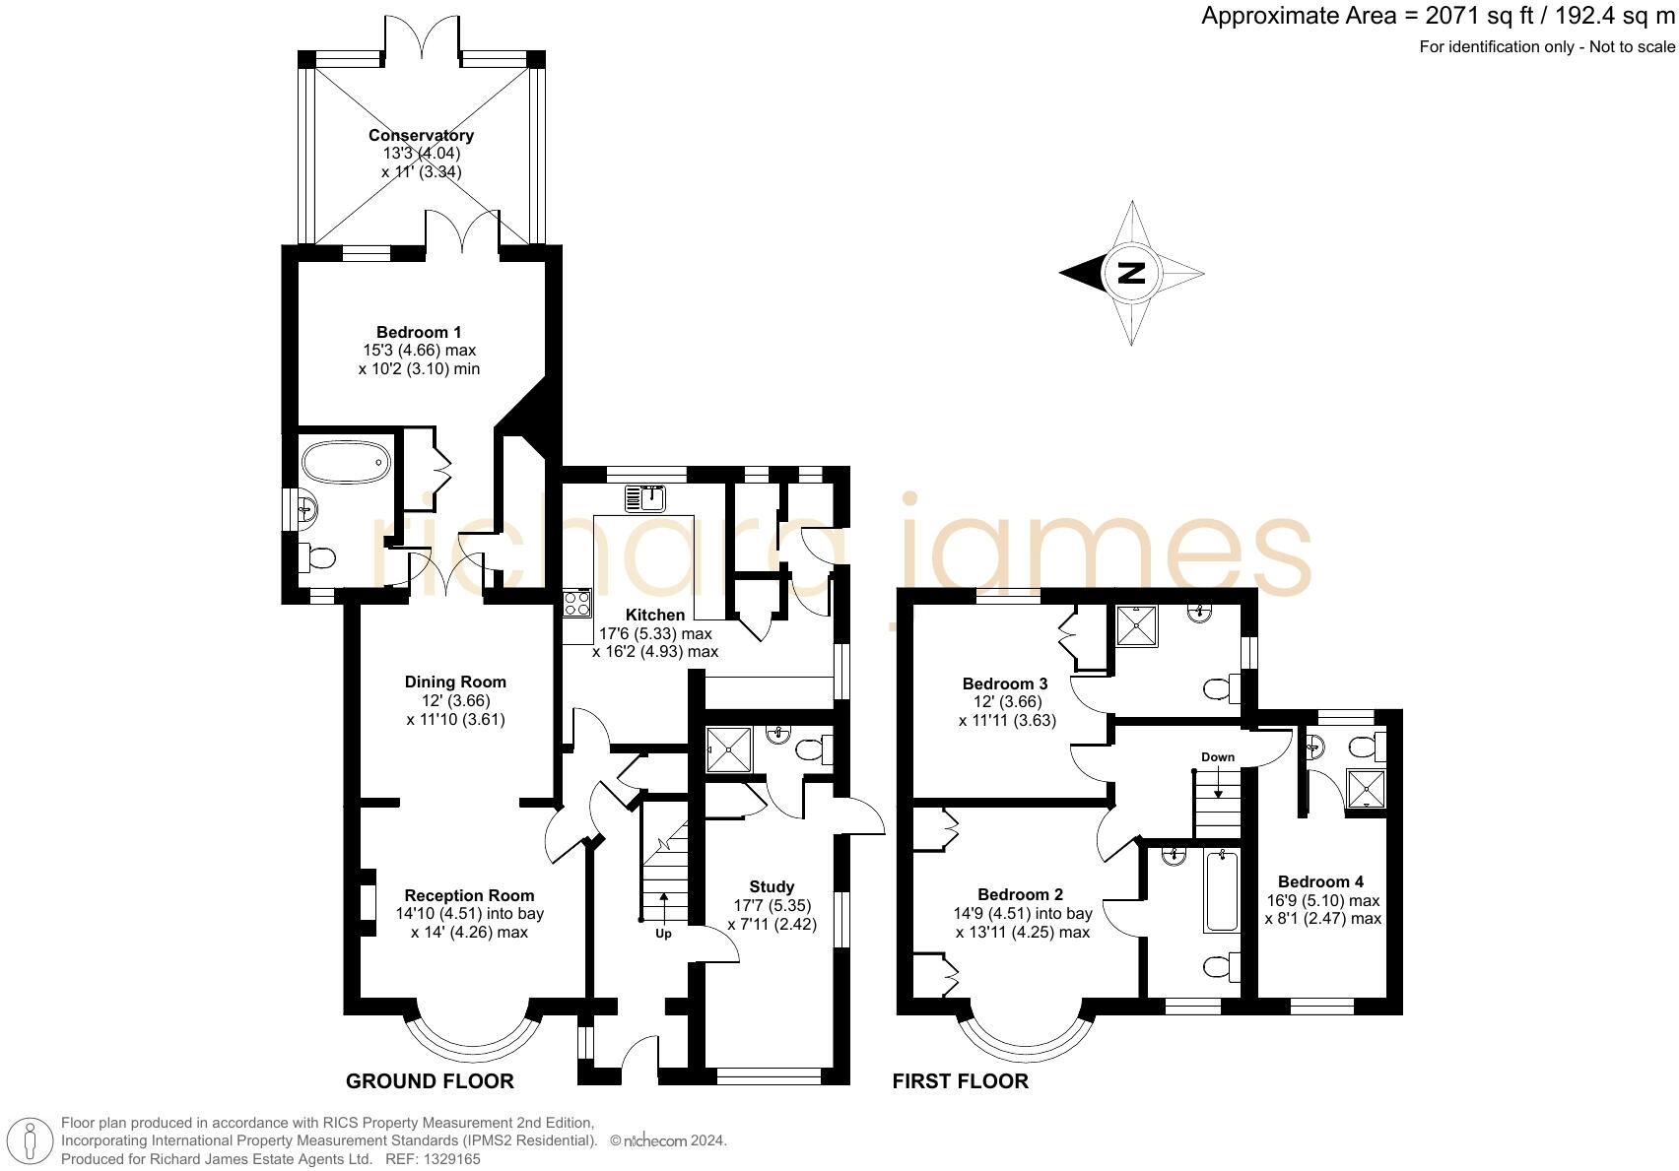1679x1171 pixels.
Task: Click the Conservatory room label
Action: pyautogui.click(x=421, y=135)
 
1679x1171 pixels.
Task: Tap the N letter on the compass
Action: pyautogui.click(x=1132, y=273)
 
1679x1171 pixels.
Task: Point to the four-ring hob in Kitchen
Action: pyautogui.click(x=576, y=602)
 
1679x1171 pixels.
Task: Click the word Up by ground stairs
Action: pyautogui.click(x=663, y=933)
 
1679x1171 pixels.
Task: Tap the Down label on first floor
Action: pyautogui.click(x=1218, y=756)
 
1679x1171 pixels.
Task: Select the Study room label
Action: pyautogui.click(x=772, y=886)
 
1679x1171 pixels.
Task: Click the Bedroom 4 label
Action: pyautogui.click(x=1320, y=881)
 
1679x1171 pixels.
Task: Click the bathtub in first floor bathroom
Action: pyautogui.click(x=1222, y=891)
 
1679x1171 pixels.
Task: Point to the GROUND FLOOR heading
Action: pyautogui.click(x=430, y=1081)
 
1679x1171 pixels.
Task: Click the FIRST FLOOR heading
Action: pyautogui.click(x=960, y=1081)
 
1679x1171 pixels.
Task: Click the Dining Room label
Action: pyautogui.click(x=455, y=682)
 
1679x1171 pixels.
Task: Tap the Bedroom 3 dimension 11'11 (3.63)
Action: pyautogui.click(x=1006, y=720)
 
